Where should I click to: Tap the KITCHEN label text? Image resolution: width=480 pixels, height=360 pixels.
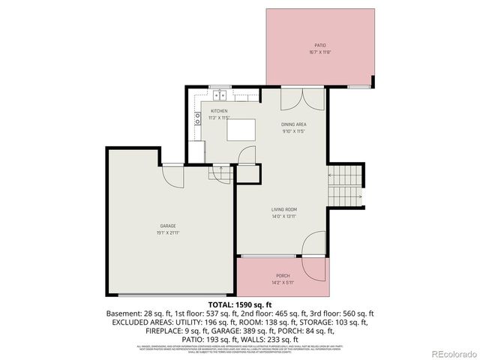click(219, 111)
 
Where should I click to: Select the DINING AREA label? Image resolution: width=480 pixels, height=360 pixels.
click(294, 124)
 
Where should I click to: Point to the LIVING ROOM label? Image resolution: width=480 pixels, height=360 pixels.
click(284, 209)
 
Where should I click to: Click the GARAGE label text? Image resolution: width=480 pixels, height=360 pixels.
click(167, 226)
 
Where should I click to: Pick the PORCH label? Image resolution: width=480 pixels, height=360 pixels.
click(283, 275)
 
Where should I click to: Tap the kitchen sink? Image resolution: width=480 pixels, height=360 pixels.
click(220, 95)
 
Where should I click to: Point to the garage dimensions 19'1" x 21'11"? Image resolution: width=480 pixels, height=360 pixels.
click(167, 232)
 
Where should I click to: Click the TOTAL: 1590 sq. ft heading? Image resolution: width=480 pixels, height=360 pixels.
click(239, 304)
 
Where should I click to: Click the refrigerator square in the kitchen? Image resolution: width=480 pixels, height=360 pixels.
click(196, 151)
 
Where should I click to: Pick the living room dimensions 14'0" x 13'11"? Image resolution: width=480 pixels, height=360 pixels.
click(284, 217)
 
